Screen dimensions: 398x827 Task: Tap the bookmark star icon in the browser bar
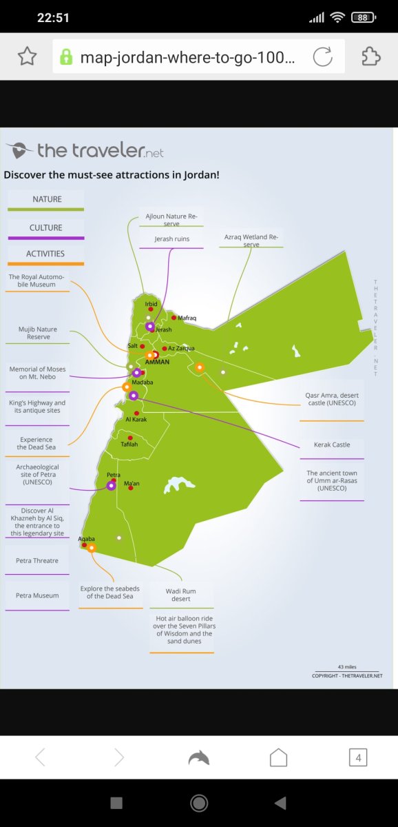click(x=28, y=57)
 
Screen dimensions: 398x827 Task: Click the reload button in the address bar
click(x=323, y=57)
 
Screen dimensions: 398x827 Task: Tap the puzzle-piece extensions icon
click(x=370, y=57)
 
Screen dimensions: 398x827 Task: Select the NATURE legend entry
click(x=47, y=199)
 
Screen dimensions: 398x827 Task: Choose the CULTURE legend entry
click(x=45, y=228)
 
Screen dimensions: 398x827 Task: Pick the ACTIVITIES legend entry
click(x=45, y=254)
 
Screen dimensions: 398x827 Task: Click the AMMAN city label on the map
click(x=157, y=363)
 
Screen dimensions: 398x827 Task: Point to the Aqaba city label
click(x=86, y=539)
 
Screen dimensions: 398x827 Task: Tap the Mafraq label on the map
click(x=187, y=318)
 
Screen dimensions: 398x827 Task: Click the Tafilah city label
click(x=129, y=444)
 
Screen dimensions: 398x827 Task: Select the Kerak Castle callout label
click(x=332, y=445)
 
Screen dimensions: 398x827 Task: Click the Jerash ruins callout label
click(x=172, y=239)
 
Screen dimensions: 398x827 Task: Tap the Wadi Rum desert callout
click(x=180, y=595)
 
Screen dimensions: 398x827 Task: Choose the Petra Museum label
click(x=37, y=595)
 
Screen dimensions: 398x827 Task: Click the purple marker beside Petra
click(x=111, y=486)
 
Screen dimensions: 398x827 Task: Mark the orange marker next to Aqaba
click(x=92, y=548)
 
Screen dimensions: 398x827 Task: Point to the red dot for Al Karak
click(x=136, y=413)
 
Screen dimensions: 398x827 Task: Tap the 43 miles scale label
click(x=347, y=667)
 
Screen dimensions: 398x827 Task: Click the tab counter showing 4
click(x=358, y=757)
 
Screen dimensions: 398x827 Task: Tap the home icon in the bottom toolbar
click(x=278, y=757)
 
